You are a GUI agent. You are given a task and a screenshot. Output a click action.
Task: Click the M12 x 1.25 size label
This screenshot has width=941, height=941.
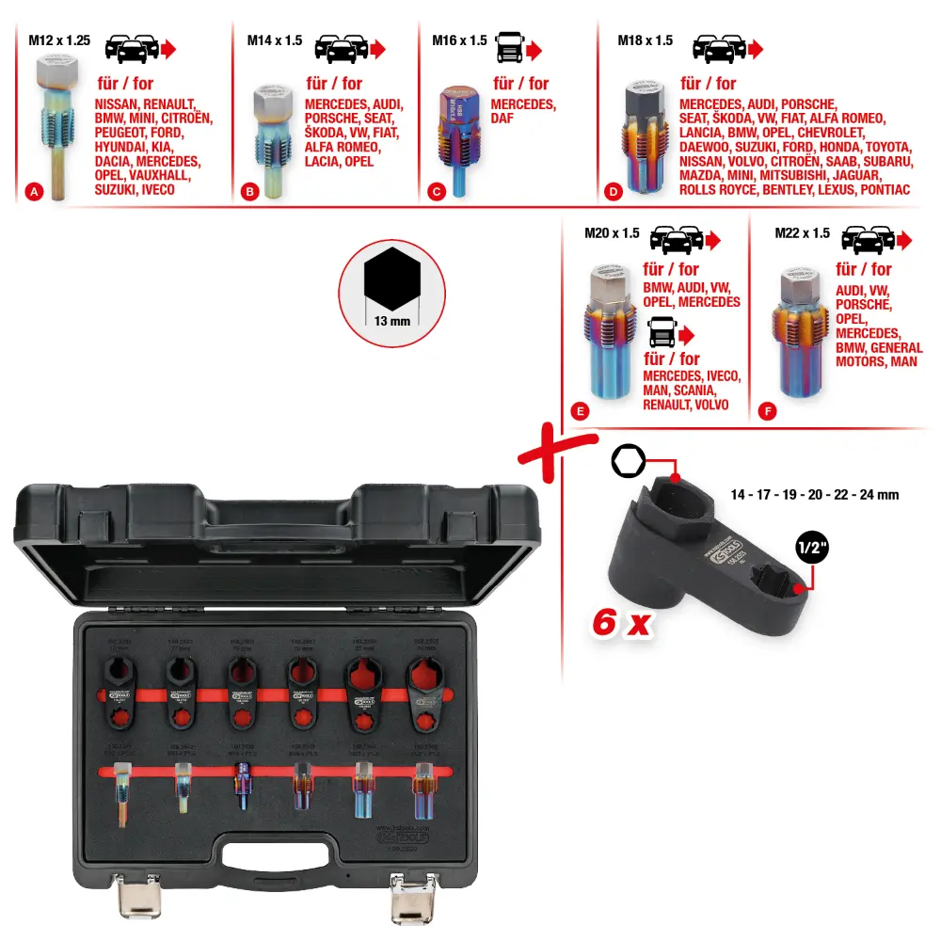tap(58, 40)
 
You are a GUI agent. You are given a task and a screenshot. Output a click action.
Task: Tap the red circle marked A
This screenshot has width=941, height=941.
tap(34, 192)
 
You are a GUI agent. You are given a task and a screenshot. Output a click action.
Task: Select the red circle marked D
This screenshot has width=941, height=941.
tap(614, 192)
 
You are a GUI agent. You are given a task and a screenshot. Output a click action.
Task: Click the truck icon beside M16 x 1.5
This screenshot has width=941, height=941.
tap(509, 47)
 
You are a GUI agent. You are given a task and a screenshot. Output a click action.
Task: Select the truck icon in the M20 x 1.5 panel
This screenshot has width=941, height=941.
tap(663, 332)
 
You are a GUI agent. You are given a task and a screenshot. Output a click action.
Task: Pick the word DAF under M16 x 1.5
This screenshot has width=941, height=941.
tap(502, 119)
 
